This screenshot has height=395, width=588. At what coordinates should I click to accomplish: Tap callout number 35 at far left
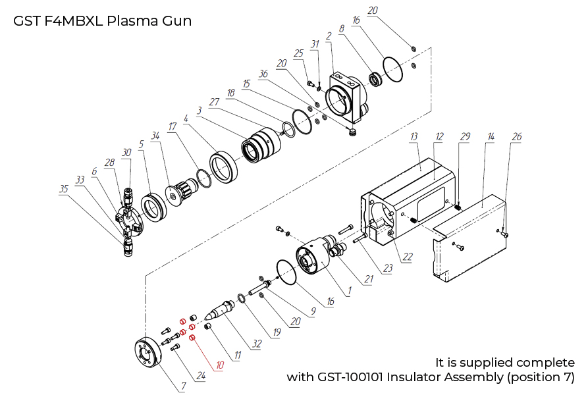click(x=64, y=188)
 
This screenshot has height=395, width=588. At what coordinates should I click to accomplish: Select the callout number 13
click(x=414, y=136)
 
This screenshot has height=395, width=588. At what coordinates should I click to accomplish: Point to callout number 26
click(x=517, y=136)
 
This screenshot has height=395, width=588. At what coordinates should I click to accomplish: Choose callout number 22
click(x=408, y=257)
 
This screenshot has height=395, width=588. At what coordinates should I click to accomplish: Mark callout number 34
click(x=155, y=136)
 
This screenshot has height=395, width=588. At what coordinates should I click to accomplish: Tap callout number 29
click(x=465, y=136)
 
